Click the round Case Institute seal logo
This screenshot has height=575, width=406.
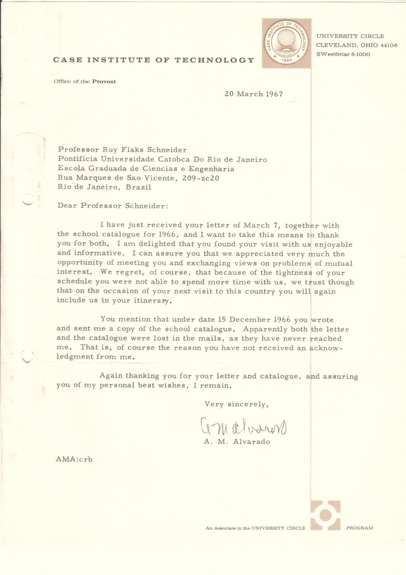point(286,43)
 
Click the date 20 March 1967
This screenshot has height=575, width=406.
point(253,94)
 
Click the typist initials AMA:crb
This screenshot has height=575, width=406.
point(74,459)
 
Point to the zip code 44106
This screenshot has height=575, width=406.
point(388,45)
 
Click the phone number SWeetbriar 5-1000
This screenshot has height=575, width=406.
point(343,54)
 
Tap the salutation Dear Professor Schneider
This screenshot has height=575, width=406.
point(113,206)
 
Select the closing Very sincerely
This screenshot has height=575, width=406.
point(236,404)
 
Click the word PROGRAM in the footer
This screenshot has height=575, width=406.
point(359,528)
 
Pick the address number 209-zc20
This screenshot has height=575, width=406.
point(200,178)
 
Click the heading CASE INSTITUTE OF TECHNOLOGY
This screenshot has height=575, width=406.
point(154,60)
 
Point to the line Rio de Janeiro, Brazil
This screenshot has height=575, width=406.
point(104,187)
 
